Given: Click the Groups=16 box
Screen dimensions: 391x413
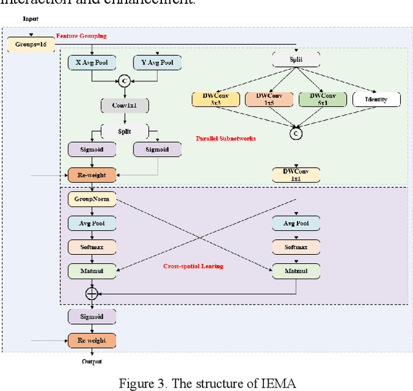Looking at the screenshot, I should coord(30,45).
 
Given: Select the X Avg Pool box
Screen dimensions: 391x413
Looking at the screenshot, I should coord(92,63).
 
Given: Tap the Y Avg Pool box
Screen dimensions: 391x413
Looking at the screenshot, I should coord(157,63).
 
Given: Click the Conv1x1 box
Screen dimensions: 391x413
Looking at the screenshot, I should coord(125,105).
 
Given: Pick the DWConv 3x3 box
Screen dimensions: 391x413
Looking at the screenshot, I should coord(216,99).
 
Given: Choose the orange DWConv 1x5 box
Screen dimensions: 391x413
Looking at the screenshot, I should coord(269,99).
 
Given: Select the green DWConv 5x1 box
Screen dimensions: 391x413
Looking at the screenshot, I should coord(321,99).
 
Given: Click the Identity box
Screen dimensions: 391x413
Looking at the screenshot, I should coord(376,99).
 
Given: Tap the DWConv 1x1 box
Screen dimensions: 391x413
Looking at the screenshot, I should coord(296,174).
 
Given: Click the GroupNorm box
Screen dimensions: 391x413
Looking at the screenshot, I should coord(92,199).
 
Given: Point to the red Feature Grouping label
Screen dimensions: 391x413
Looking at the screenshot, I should coord(81,36).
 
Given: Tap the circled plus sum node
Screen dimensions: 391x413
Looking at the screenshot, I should coord(92,294).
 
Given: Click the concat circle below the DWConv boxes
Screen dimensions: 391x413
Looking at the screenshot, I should coord(296,134).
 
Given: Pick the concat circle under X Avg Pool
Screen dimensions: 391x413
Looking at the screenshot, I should coord(125,81).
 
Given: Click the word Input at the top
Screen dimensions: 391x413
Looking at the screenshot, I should coord(30,19).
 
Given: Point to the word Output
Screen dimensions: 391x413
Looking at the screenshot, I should coord(92,362).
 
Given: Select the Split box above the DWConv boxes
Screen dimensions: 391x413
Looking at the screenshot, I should coord(296,60).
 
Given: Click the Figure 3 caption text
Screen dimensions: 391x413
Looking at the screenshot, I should coord(206,383).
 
